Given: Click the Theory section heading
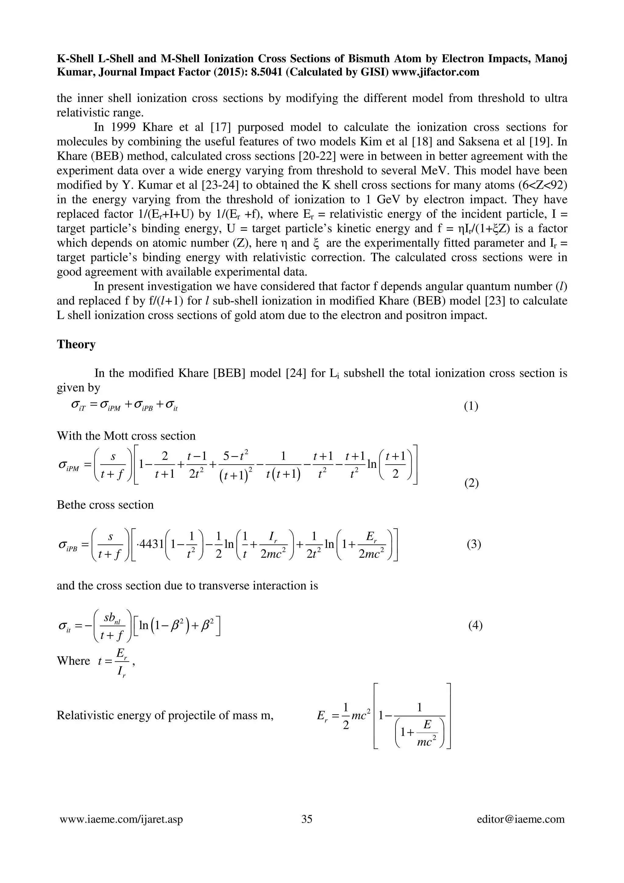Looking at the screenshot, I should pyautogui.click(x=76, y=344).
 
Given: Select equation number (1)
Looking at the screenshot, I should pyautogui.click(x=471, y=406).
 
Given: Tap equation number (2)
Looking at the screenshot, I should pyautogui.click(x=471, y=483).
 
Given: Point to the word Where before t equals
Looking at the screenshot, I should pyautogui.click(x=73, y=661).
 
